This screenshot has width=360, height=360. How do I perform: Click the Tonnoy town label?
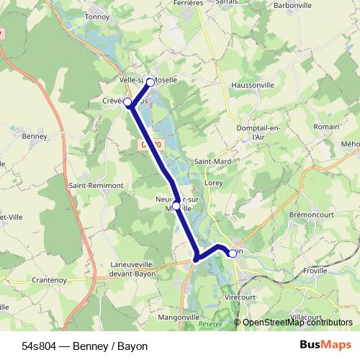point(96,15)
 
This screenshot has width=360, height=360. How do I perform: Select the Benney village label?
point(34,135)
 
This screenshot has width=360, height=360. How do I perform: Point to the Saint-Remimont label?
point(96,185)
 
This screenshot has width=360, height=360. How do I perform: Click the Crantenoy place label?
point(50,279)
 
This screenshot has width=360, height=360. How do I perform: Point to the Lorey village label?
point(214,183)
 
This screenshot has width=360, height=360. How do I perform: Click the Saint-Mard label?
point(213,161)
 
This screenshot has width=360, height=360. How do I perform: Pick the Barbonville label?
point(292,5)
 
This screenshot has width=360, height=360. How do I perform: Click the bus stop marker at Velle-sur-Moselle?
point(150,82)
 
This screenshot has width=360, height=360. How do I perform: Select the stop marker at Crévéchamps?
point(128,102)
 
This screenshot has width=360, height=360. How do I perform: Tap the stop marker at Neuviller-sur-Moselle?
point(176,206)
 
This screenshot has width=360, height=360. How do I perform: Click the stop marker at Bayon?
point(232,253)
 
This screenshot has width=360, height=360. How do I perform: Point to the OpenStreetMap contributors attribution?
point(297,323)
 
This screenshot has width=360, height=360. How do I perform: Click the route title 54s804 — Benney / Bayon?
point(84,346)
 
